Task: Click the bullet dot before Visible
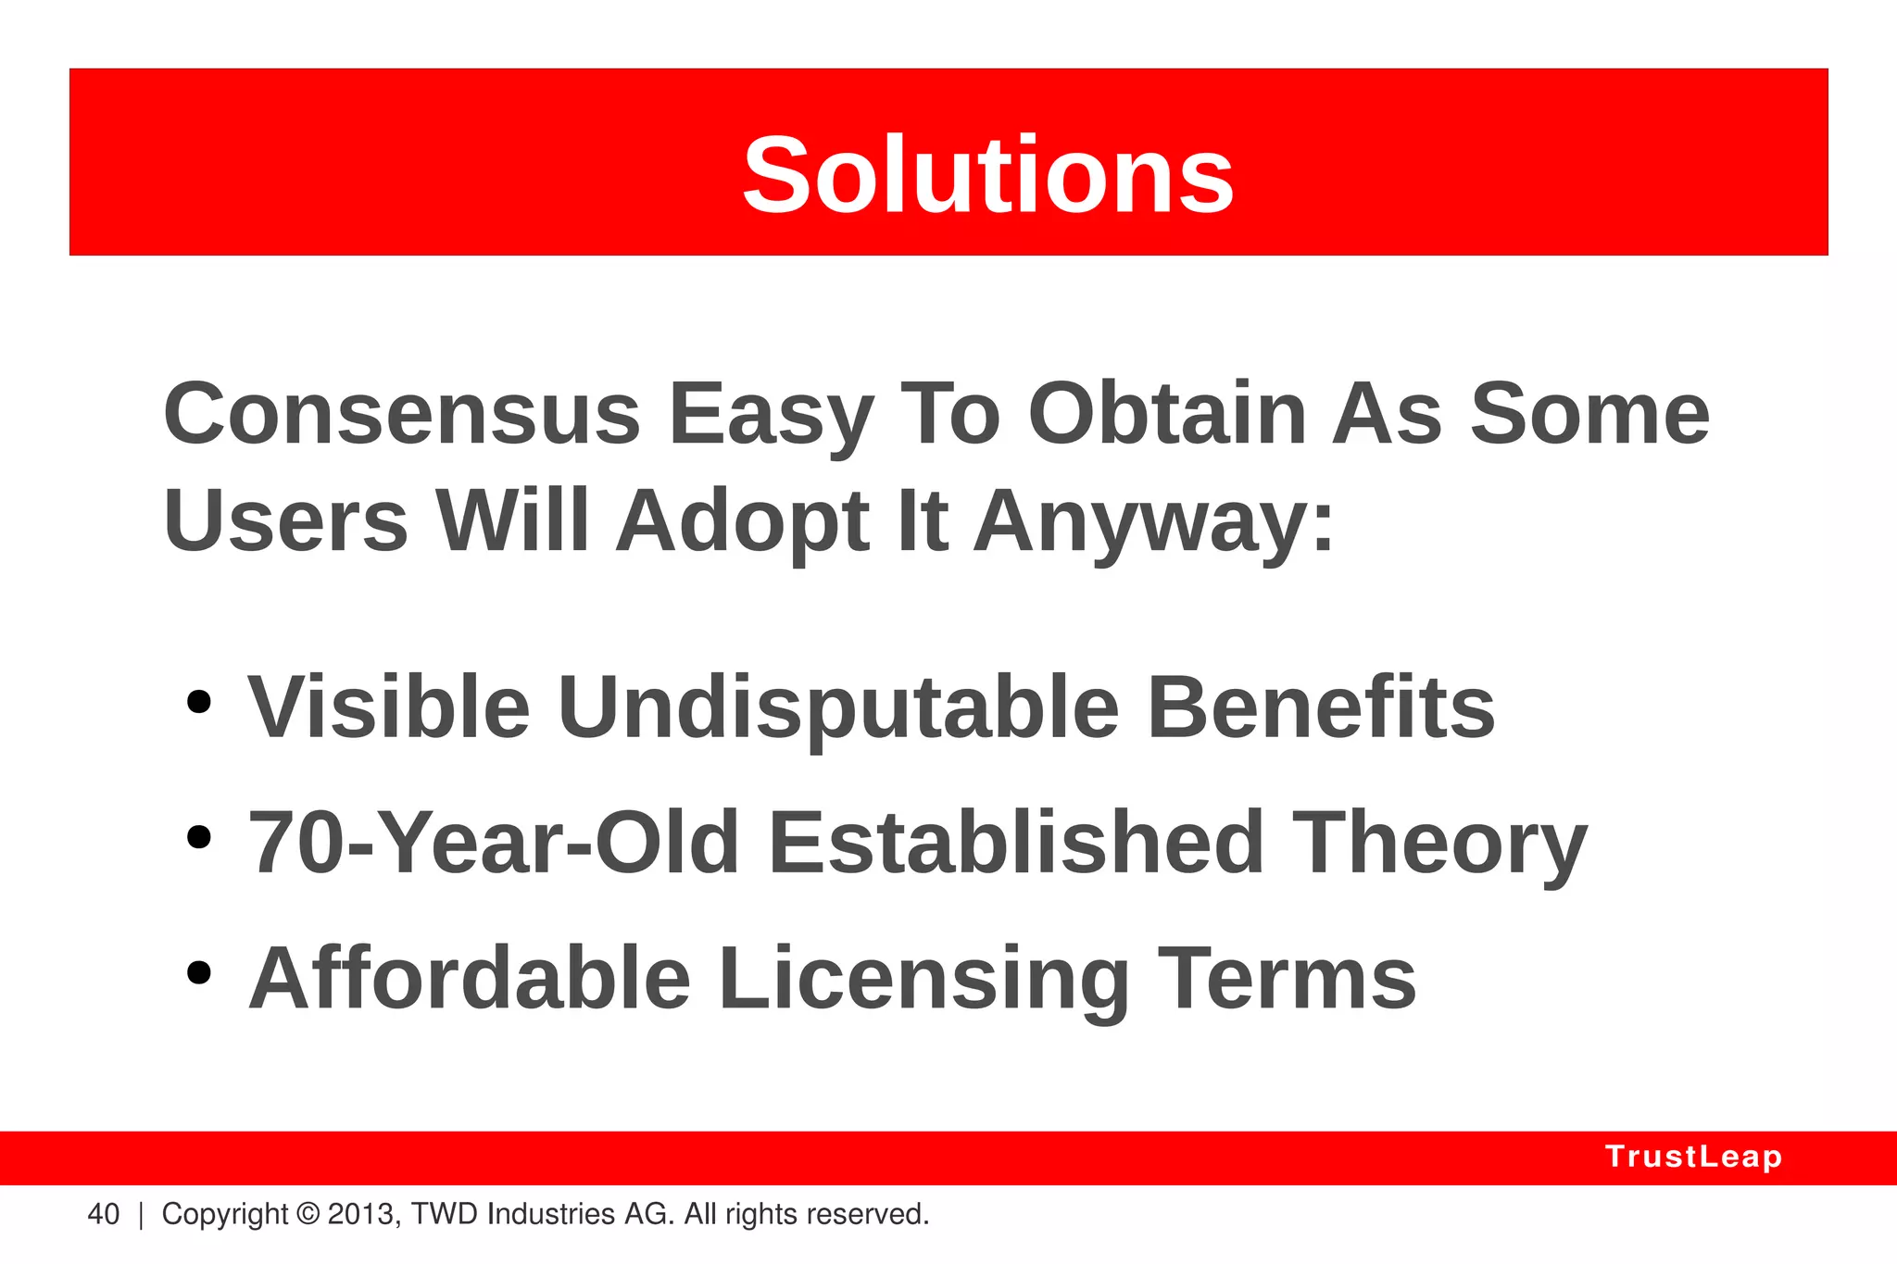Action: point(198,702)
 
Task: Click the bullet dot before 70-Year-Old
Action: point(198,837)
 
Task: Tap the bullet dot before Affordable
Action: point(198,972)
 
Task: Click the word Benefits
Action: point(1320,707)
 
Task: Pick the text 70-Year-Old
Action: point(494,843)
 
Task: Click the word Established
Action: point(1015,843)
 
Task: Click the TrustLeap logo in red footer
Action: point(1693,1157)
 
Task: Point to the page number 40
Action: point(103,1214)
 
